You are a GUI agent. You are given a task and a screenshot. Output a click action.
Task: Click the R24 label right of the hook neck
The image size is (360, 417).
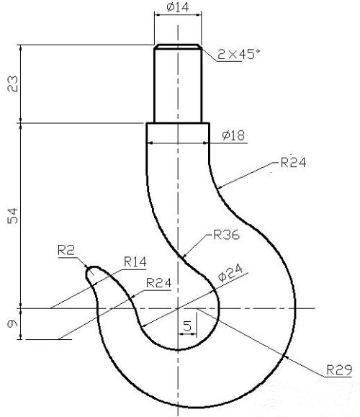coord(294,163)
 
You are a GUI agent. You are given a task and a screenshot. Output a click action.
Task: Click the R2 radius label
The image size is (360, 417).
coord(66,250)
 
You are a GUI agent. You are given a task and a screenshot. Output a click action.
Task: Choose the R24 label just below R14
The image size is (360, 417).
coord(158,282)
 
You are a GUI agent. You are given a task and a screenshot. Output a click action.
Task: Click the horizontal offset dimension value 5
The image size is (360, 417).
coord(186,326)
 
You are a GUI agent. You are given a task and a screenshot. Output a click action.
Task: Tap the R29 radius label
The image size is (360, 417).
coord(338,369)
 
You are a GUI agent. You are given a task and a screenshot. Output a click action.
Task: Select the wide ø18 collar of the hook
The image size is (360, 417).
coord(178,133)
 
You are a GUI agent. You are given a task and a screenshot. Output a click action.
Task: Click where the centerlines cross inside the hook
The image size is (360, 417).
coord(177,308)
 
